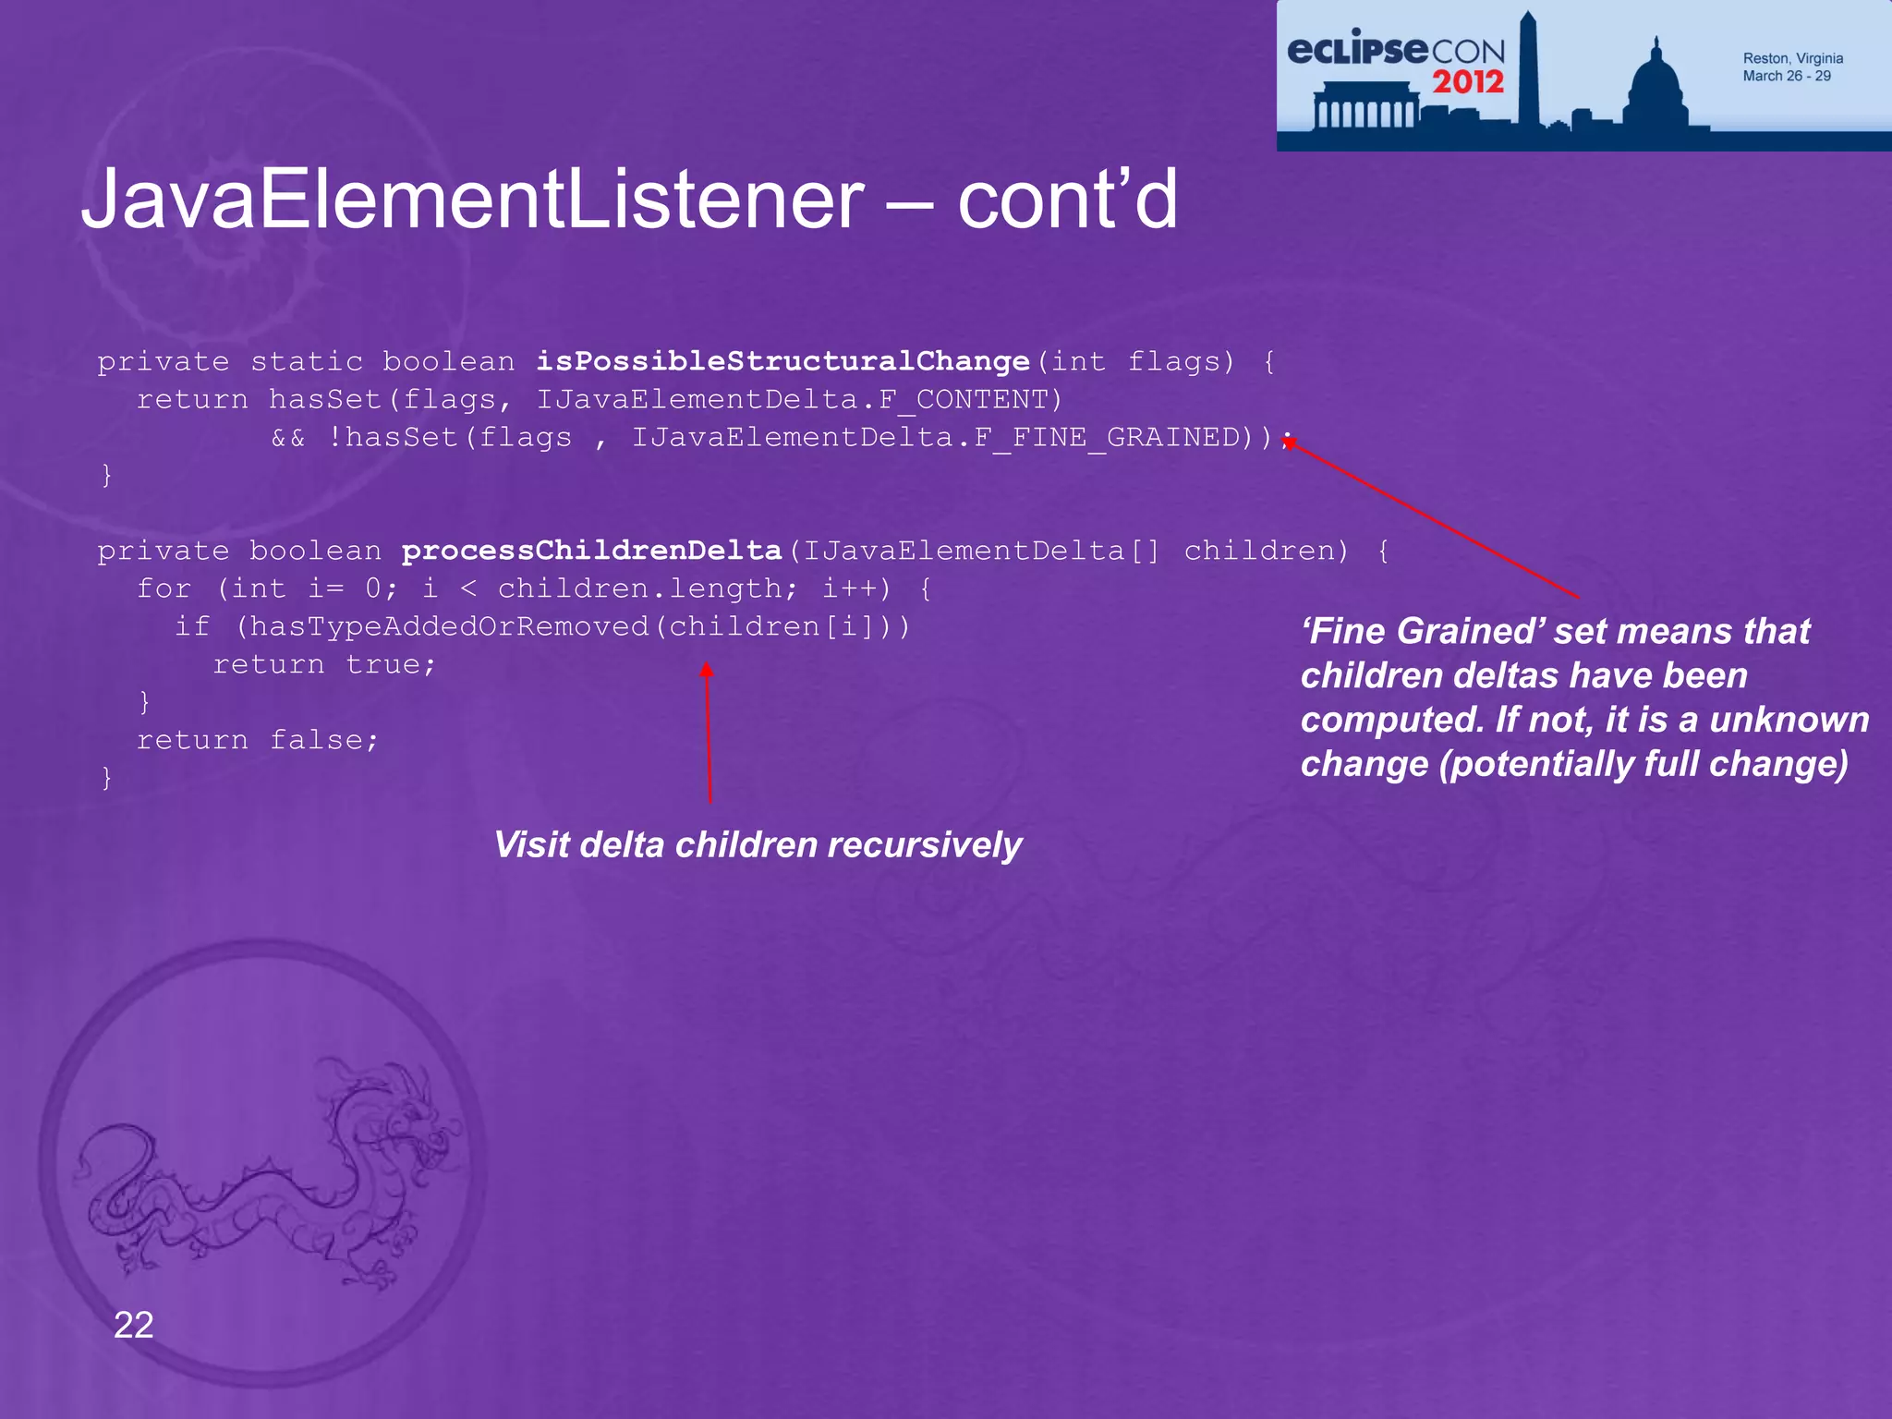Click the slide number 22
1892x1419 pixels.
(133, 1325)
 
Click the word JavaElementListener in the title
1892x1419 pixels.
(471, 200)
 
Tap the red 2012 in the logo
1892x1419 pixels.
(1468, 82)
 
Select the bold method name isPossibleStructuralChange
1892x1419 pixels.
(782, 361)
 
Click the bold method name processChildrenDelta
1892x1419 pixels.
(591, 551)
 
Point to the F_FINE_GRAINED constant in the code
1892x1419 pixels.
(1108, 437)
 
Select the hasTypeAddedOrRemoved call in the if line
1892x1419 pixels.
(449, 626)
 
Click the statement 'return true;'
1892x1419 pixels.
(324, 664)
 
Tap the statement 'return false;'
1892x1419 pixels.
(258, 740)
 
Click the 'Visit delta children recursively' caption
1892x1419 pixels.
(758, 844)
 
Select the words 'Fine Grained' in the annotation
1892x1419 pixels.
(1423, 631)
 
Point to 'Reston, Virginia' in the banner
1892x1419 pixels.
(1792, 58)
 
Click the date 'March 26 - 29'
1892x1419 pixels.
(1786, 76)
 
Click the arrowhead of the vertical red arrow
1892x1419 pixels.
(707, 670)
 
